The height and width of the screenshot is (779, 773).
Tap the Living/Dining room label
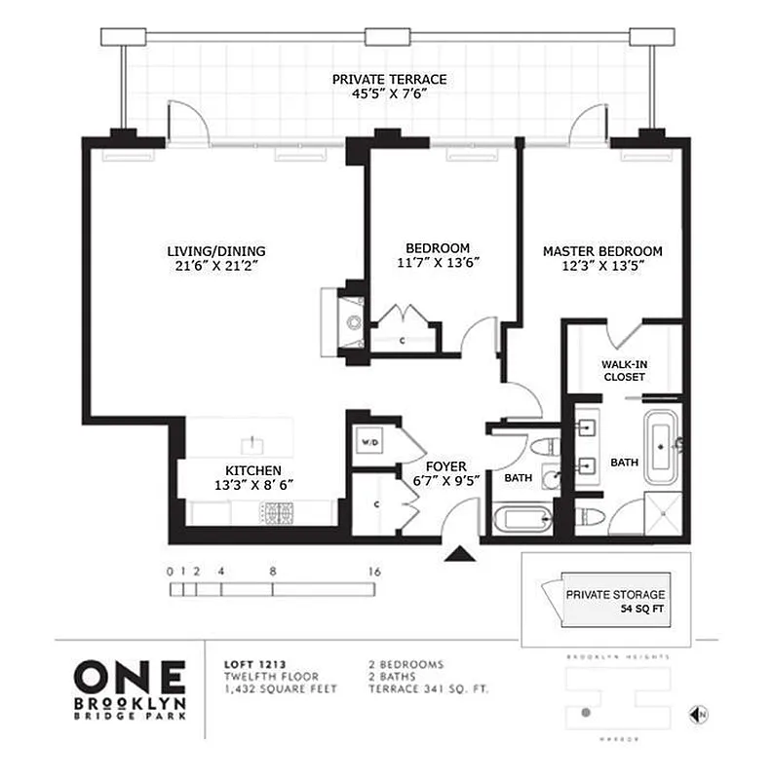click(x=215, y=250)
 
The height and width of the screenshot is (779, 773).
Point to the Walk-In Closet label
click(x=624, y=370)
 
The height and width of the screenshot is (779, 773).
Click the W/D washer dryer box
click(x=370, y=442)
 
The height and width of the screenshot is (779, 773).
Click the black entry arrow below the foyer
click(x=460, y=554)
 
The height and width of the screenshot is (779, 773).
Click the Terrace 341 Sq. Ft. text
click(x=421, y=689)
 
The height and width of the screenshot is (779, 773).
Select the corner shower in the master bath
click(x=665, y=512)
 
